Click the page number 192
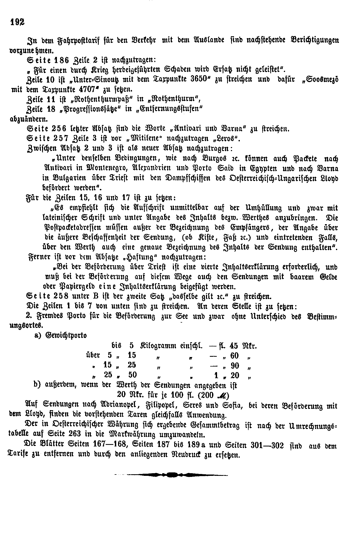[17, 21]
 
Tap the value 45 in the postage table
[235, 346]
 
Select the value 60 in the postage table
[235, 355]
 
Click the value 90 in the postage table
[235, 365]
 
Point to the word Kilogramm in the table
[159, 346]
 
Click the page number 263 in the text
[80, 435]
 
